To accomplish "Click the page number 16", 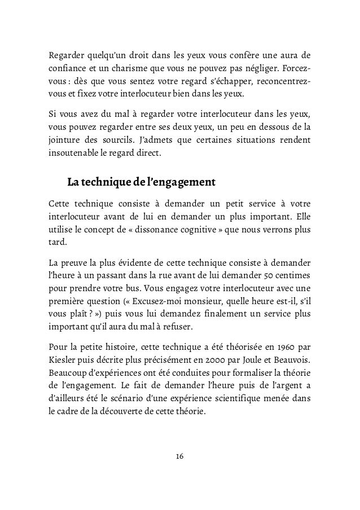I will point(180,456).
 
